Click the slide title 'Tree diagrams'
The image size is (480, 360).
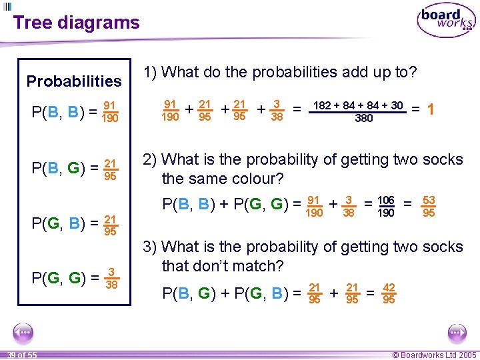tap(77, 23)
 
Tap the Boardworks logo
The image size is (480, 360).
tap(445, 21)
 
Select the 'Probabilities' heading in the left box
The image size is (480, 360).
tap(74, 81)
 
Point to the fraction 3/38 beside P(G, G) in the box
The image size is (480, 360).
tap(111, 278)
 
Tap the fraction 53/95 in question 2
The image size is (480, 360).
tap(429, 206)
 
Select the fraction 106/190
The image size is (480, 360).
tap(386, 206)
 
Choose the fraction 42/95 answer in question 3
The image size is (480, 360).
tap(389, 293)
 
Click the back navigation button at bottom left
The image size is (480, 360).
tap(23, 332)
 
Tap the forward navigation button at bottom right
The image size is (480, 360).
tap(457, 332)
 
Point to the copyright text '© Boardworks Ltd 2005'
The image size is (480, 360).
tap(434, 355)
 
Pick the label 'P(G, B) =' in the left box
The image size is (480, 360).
tap(63, 223)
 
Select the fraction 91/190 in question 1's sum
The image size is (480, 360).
tap(170, 110)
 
